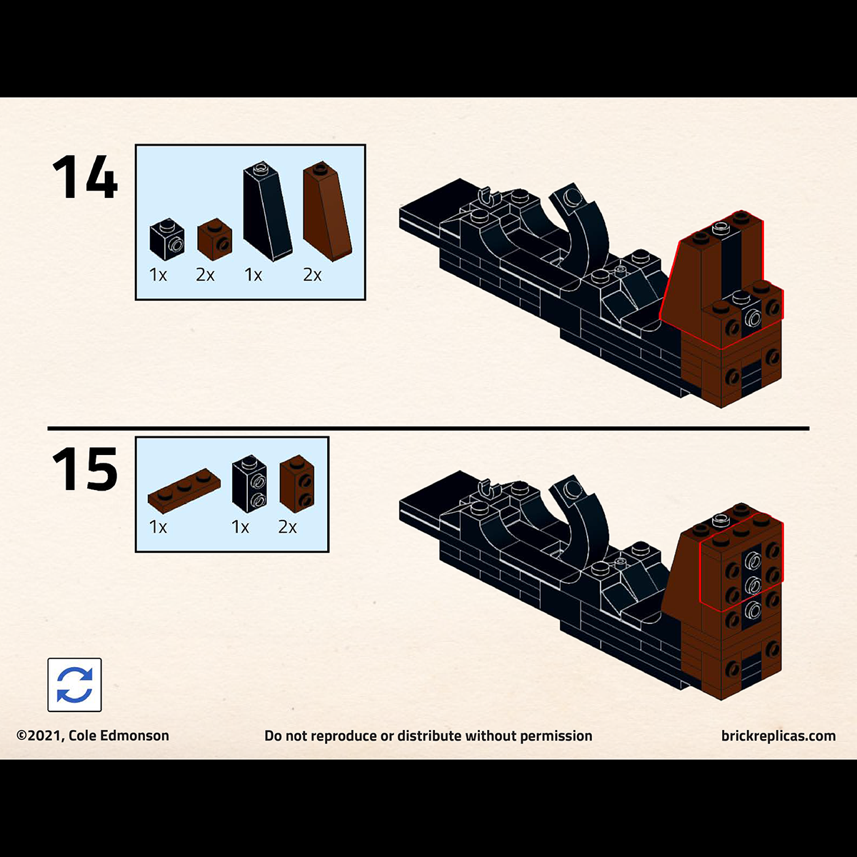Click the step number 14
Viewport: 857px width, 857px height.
[85, 176]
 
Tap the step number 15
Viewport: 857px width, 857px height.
[85, 468]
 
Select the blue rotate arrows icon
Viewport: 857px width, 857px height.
[75, 685]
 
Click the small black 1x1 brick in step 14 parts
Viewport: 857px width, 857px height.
[167, 239]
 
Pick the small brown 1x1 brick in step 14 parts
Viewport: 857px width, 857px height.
[215, 239]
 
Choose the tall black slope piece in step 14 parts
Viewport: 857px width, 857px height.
[267, 211]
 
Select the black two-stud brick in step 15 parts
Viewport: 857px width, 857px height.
[249, 484]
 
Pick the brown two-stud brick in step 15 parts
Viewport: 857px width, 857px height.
[297, 484]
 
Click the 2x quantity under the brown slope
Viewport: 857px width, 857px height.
[312, 275]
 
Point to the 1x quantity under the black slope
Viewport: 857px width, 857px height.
[253, 275]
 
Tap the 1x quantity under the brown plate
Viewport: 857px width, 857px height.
[158, 527]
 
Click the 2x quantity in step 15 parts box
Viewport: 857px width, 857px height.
[287, 527]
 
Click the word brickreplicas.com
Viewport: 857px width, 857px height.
[778, 736]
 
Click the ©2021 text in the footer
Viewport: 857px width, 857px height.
[41, 736]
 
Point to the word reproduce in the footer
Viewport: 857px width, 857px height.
[349, 736]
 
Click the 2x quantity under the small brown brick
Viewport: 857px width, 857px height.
[205, 275]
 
